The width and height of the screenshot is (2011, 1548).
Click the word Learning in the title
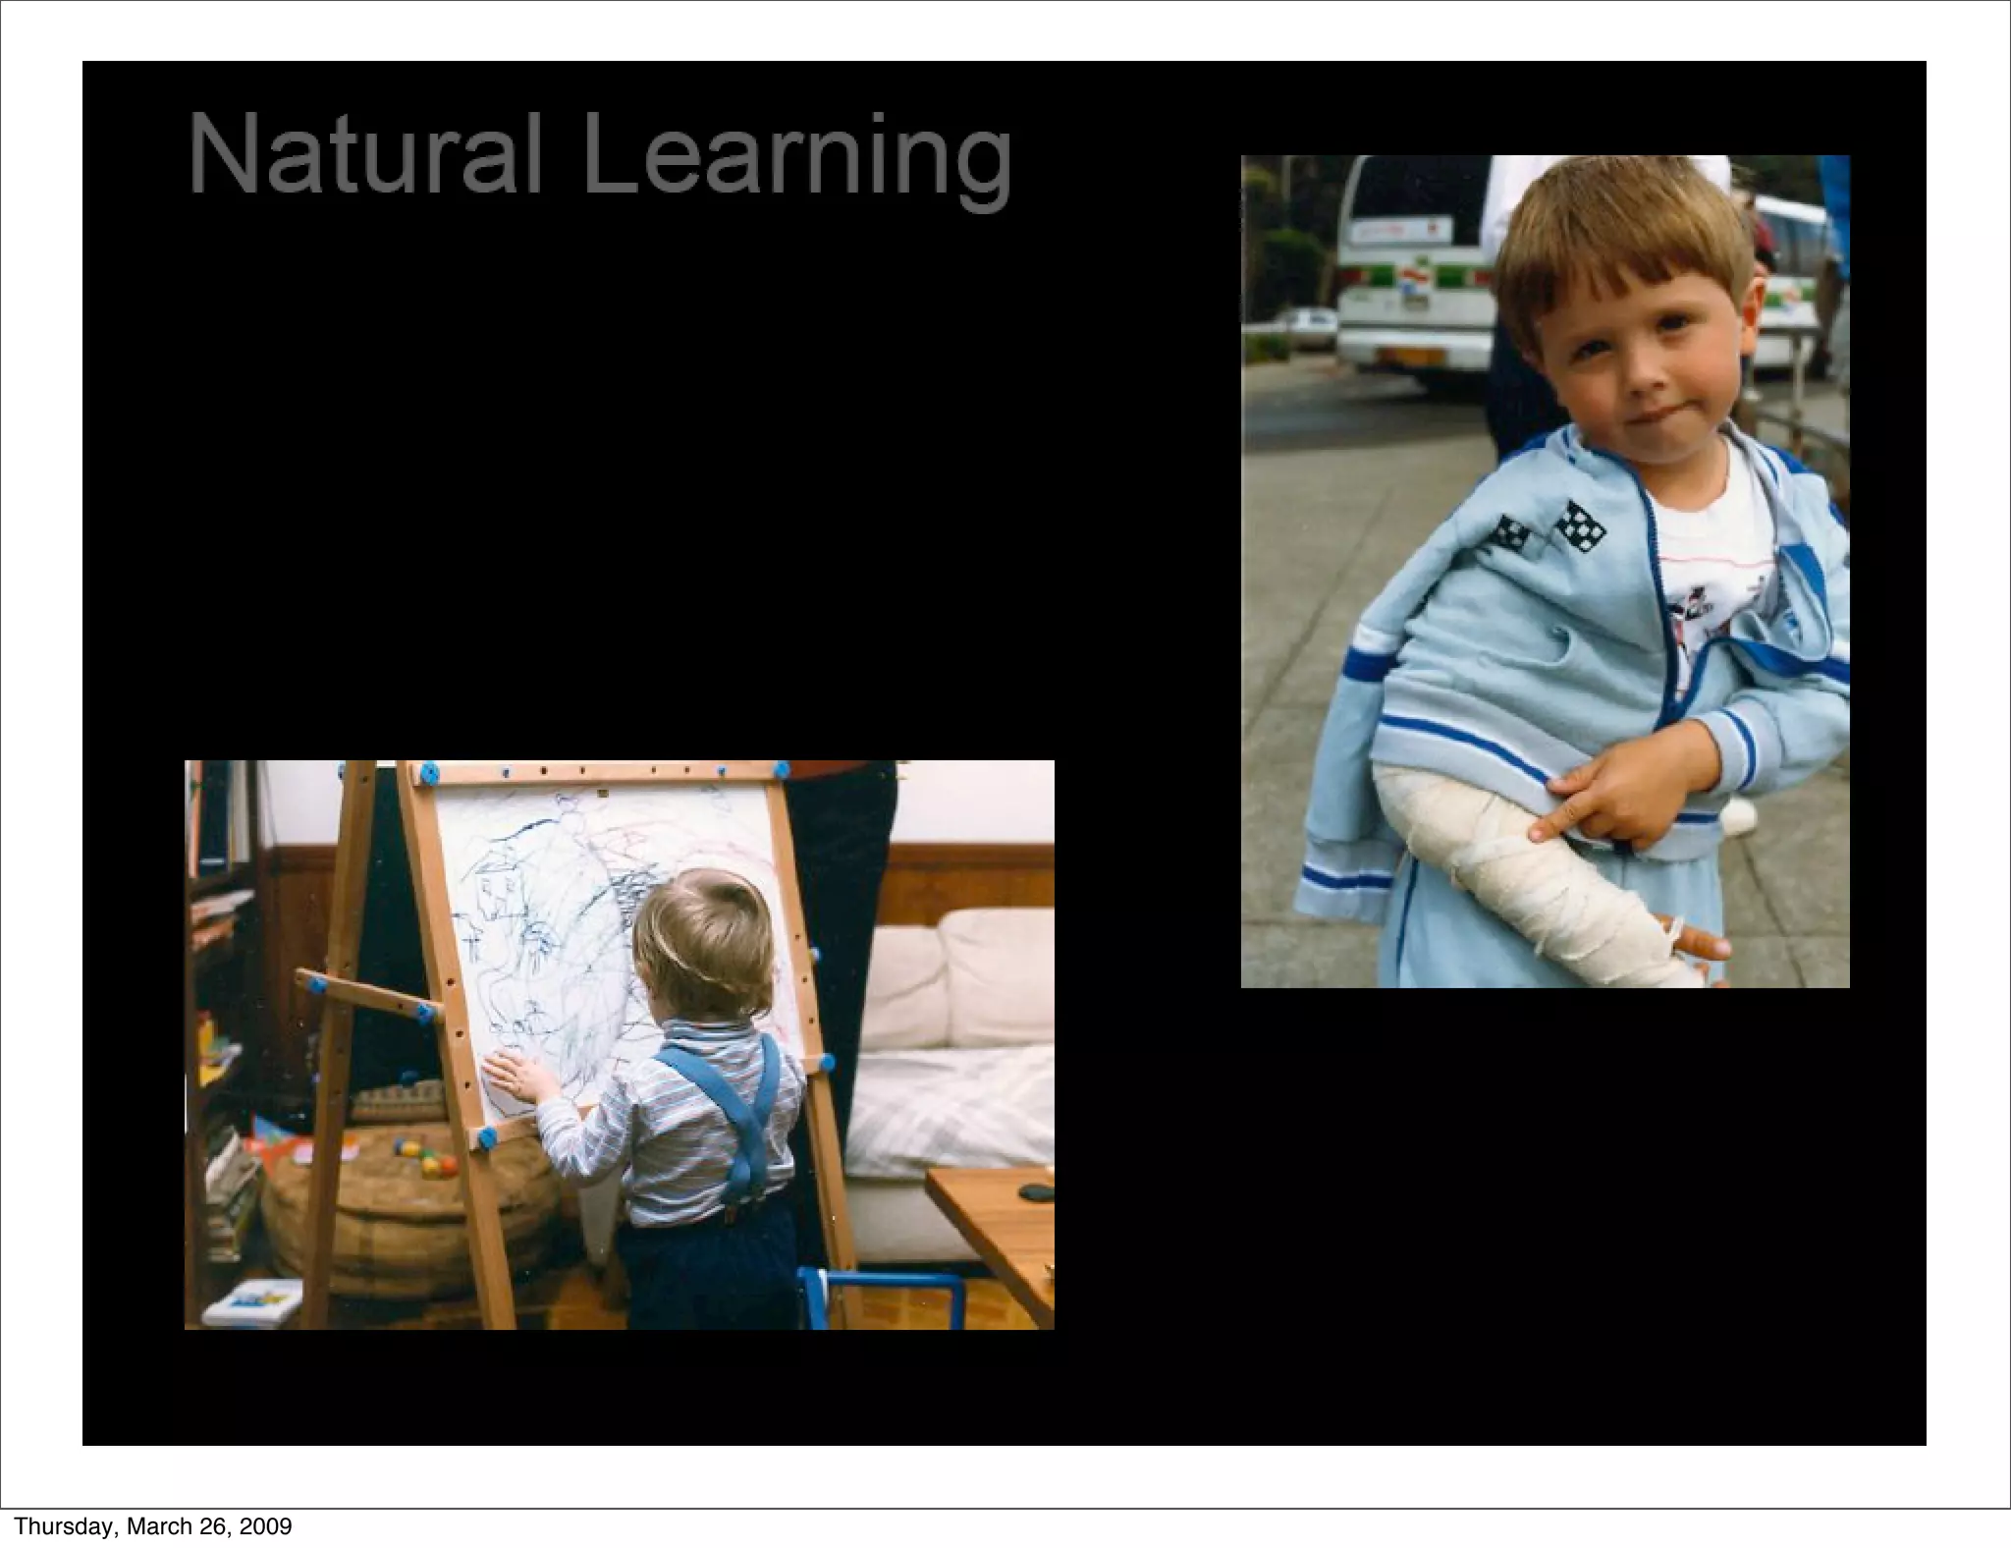(796, 157)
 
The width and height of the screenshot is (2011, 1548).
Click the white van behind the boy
(1414, 265)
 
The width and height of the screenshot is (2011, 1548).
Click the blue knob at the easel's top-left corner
(427, 774)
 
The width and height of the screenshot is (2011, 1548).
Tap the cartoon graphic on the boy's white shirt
(1704, 614)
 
